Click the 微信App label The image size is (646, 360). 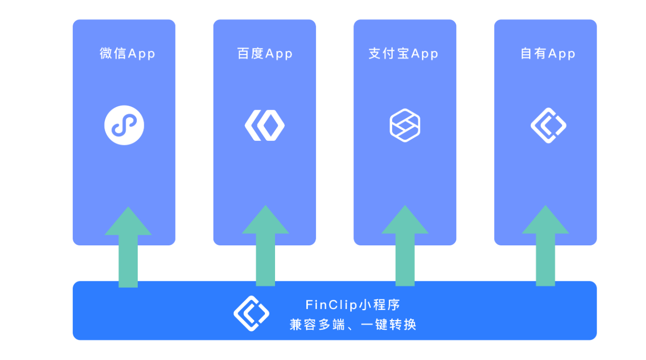pos(127,54)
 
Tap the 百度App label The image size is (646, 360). pos(265,54)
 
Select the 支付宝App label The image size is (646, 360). pos(403,54)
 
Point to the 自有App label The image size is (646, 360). pos(548,54)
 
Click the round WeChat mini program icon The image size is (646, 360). pos(124,125)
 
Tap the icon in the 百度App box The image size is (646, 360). pos(264,125)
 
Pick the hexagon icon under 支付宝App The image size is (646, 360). pos(405,125)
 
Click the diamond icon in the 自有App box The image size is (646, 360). pos(548,125)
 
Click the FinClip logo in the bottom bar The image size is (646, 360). pos(251,313)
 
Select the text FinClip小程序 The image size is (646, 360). pos(353,304)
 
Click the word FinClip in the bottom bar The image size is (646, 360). pos(332,304)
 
